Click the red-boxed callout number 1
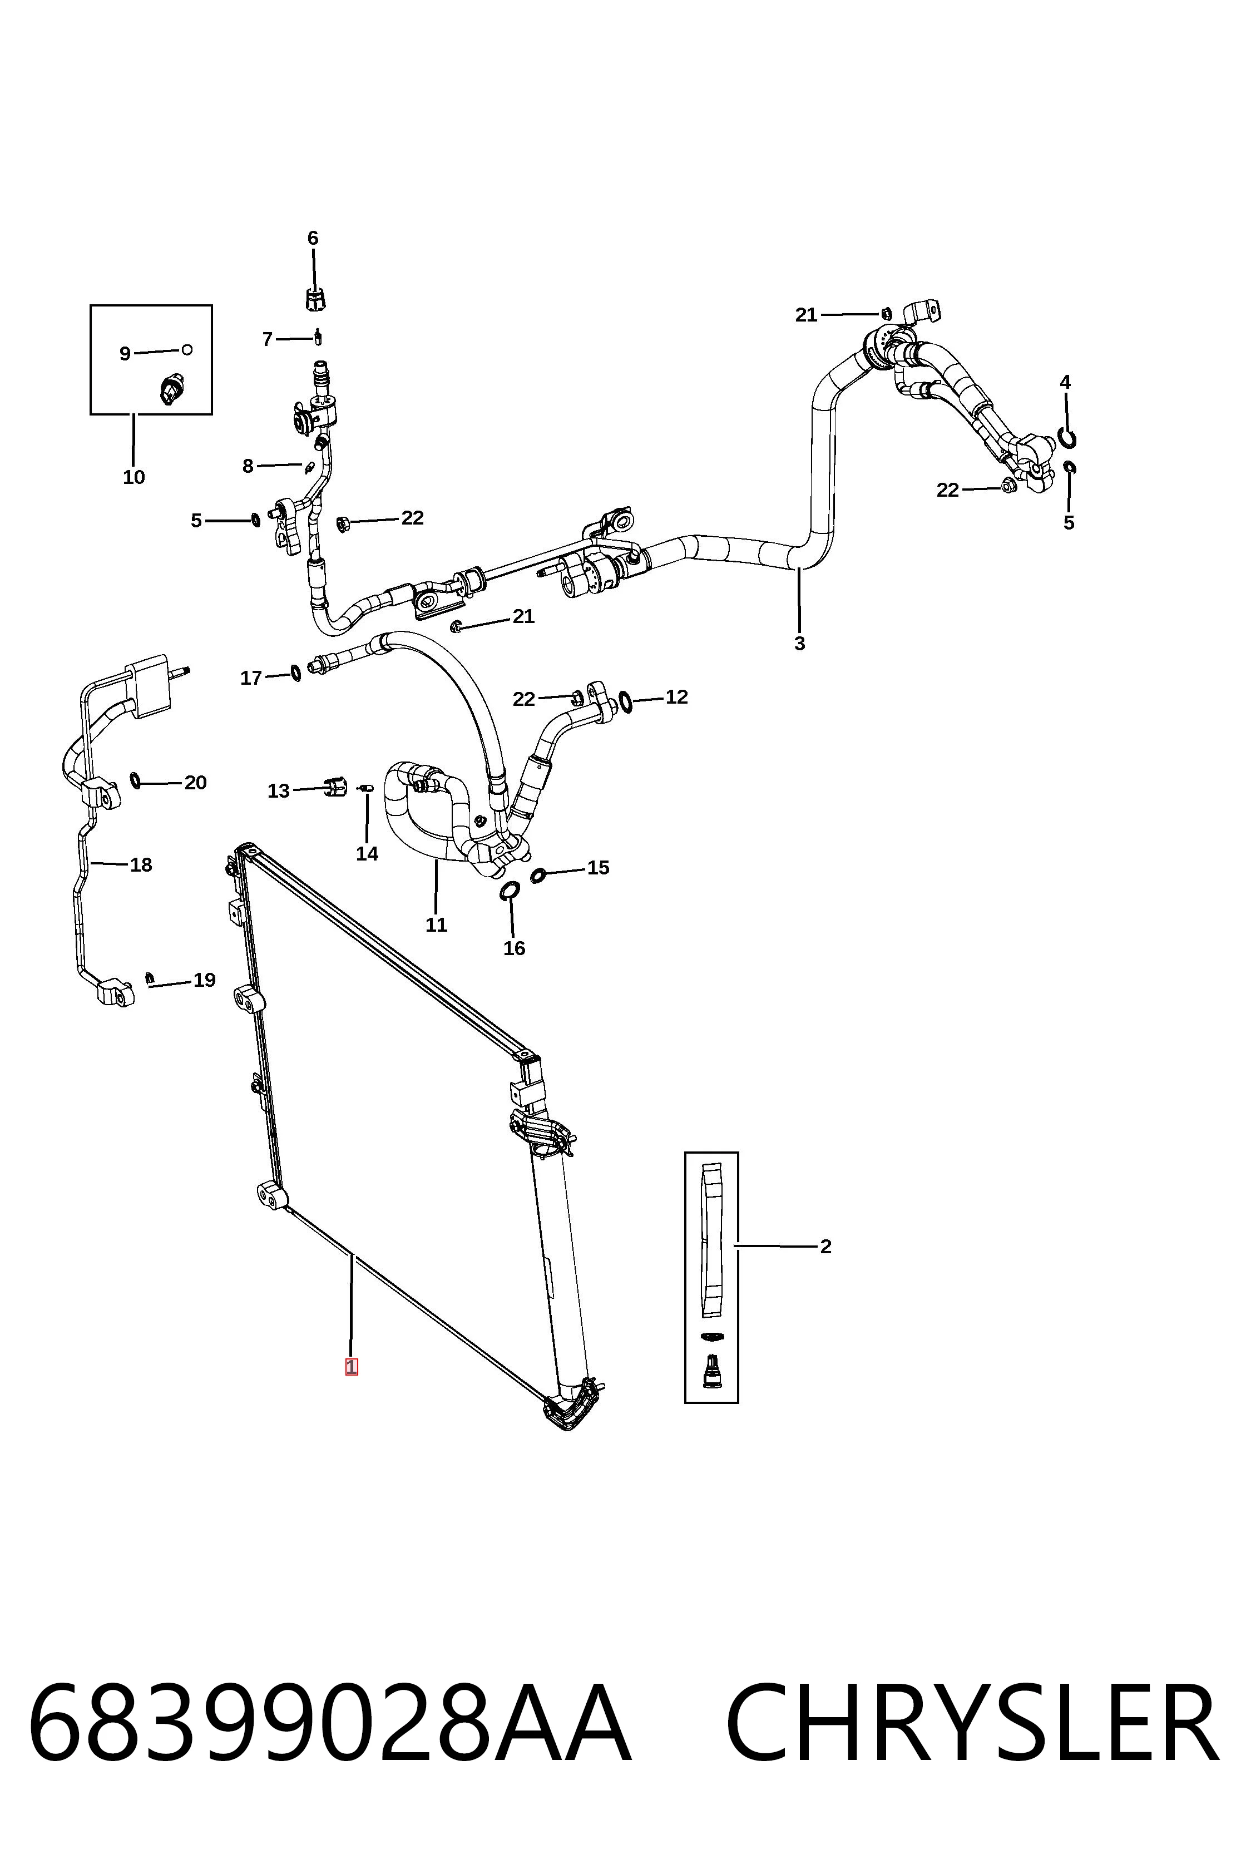point(351,1368)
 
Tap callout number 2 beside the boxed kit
point(825,1247)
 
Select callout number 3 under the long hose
point(799,644)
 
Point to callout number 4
point(1065,382)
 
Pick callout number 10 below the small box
point(133,478)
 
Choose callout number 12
point(676,697)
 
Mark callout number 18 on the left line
point(141,864)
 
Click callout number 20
point(195,783)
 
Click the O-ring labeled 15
point(538,876)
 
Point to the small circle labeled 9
point(187,350)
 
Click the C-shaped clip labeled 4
point(1069,438)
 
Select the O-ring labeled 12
point(625,701)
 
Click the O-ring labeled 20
point(135,781)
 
